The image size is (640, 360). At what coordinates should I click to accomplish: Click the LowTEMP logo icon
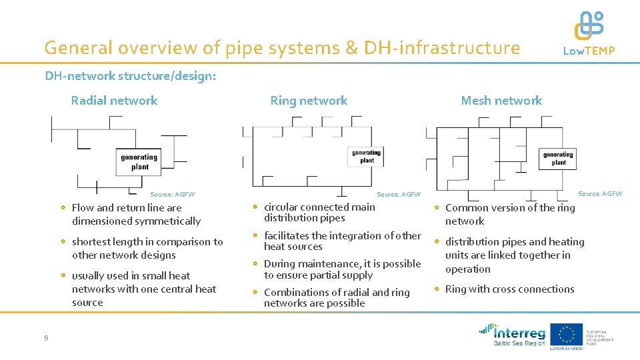pos(589,26)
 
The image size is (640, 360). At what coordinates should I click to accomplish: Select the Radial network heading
pos(114,101)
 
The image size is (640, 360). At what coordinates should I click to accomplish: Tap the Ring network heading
pos(309,101)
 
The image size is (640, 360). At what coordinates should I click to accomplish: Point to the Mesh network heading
pos(501,101)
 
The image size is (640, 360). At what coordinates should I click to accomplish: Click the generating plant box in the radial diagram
pos(139,162)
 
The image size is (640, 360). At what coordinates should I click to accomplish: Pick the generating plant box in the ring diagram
pos(367,156)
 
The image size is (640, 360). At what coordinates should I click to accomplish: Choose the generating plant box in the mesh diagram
pos(558,158)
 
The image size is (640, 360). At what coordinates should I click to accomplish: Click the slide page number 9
pos(46,338)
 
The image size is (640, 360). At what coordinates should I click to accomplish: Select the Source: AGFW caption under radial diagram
pos(173,195)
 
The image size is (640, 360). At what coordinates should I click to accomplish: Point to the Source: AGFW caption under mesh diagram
pos(599,194)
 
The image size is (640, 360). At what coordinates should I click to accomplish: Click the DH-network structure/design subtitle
pos(131,76)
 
